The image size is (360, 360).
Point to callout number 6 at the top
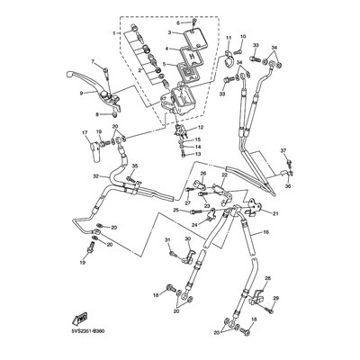coord(179,22)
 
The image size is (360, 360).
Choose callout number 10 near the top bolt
coord(242,37)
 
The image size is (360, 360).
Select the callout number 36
coord(289,187)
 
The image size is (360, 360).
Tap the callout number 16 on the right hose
coord(265,232)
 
